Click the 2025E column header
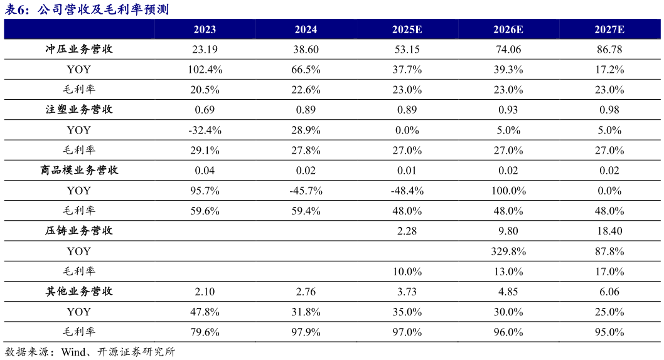[x=407, y=29]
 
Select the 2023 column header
[x=205, y=29]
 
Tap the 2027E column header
[x=609, y=29]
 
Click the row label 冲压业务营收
[x=79, y=49]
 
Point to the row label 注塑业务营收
[x=79, y=110]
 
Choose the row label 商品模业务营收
[x=79, y=170]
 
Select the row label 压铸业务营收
[x=79, y=231]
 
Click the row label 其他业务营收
[x=79, y=291]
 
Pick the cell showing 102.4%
[x=205, y=70]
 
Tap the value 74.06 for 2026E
[x=508, y=50]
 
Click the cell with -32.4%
[x=205, y=130]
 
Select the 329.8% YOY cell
[x=508, y=251]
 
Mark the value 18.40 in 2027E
[x=609, y=231]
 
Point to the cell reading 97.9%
[x=306, y=332]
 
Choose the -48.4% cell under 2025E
[x=407, y=191]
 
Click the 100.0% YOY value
[x=508, y=191]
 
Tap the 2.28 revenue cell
[x=407, y=231]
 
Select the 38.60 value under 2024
[x=306, y=50]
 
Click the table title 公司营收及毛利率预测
[x=104, y=9]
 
